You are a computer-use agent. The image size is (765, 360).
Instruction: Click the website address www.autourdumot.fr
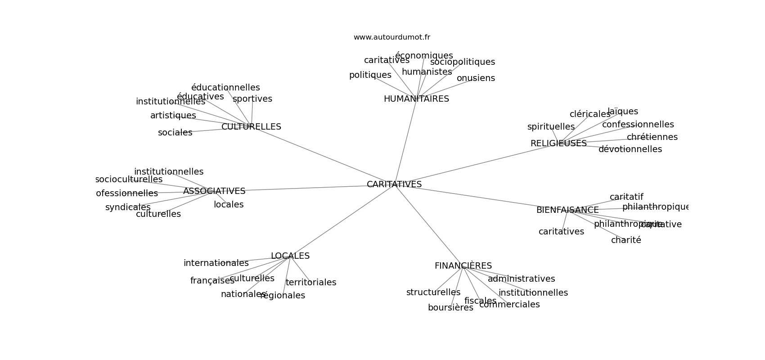[x=391, y=37]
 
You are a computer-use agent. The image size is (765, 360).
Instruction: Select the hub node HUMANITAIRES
[x=416, y=99]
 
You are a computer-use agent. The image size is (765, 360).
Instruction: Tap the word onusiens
[x=476, y=78]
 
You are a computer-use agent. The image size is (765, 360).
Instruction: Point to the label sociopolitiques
[x=462, y=62]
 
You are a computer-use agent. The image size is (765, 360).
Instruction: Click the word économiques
[x=424, y=56]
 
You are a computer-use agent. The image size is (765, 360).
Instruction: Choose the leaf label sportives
[x=252, y=99]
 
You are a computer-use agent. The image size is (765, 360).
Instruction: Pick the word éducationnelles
[x=225, y=88]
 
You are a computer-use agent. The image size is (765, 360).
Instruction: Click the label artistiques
[x=173, y=116]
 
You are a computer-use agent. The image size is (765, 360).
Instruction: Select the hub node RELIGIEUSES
[x=558, y=144]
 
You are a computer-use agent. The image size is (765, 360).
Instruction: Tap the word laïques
[x=623, y=112]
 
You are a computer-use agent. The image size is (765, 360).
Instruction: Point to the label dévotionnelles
[x=630, y=149]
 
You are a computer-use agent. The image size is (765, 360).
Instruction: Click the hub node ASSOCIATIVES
[x=214, y=191]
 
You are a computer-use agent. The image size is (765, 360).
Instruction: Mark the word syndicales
[x=128, y=207]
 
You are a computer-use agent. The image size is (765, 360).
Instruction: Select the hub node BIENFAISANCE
[x=567, y=210]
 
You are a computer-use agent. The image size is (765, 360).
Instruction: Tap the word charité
[x=626, y=240]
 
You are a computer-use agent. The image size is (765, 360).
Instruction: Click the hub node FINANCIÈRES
[x=463, y=266]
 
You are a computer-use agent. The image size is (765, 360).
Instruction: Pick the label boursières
[x=450, y=308]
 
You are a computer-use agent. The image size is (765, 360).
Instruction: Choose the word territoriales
[x=311, y=283]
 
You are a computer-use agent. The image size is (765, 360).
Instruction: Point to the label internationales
[x=216, y=263]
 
